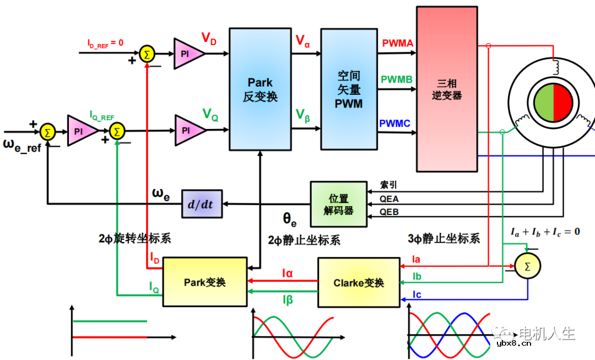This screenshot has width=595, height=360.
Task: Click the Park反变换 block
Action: (259, 89)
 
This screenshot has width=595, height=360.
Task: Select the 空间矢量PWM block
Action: (348, 89)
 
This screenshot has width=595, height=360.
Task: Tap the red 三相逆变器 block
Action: (446, 89)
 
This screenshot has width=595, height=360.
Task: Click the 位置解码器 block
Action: (338, 204)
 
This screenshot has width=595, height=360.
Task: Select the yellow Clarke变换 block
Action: (359, 283)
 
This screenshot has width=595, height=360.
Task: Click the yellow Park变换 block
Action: (204, 282)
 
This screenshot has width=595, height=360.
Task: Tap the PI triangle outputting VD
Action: (188, 53)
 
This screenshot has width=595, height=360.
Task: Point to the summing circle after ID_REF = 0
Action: (147, 53)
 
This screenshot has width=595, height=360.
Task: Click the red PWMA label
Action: (397, 43)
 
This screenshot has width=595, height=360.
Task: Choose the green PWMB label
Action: (397, 79)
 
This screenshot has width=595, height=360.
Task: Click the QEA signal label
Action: (389, 199)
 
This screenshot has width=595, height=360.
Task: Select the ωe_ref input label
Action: (23, 147)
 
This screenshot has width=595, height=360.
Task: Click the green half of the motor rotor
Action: (543, 103)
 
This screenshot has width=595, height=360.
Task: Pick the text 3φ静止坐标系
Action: (443, 238)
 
